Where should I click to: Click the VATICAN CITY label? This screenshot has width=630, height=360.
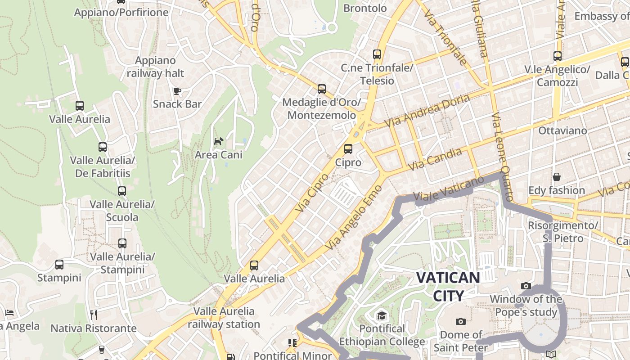448,286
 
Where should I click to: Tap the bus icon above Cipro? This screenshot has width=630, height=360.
348,149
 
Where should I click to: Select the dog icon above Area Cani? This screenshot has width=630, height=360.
218,142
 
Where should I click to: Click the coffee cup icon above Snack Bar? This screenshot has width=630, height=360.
177,91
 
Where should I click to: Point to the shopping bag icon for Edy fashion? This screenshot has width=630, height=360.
557,177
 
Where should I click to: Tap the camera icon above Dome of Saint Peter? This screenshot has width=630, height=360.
460,321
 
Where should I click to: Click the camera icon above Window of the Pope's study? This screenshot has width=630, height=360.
526,286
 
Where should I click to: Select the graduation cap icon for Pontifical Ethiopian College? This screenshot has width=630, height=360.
382,315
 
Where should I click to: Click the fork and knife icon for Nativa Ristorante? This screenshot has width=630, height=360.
94,315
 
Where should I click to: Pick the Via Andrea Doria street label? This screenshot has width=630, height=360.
427,110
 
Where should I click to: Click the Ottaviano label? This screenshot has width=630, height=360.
562,131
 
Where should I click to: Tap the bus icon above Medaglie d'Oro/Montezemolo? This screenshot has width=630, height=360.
321,89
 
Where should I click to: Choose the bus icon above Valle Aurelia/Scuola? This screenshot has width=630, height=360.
121,191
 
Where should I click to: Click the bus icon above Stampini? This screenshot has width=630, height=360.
59,265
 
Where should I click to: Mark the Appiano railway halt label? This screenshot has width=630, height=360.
155,67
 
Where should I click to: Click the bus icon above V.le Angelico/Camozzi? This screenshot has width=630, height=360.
557,56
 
